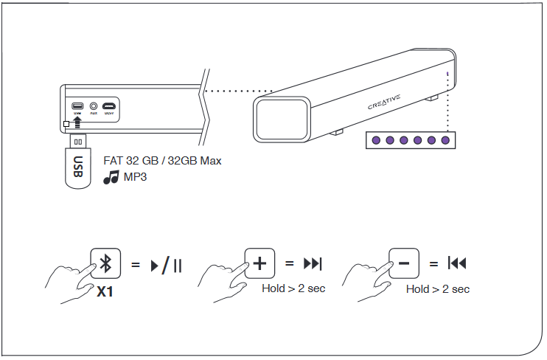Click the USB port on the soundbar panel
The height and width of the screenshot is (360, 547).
coord(77,105)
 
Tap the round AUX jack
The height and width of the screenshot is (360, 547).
coord(94,105)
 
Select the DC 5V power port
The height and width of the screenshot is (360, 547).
coord(109,105)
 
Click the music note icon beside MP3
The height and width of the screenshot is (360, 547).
coord(111,177)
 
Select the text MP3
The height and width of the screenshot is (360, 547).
coord(135,177)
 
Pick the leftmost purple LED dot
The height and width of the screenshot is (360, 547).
coord(375,140)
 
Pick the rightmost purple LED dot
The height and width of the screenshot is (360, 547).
coord(445,140)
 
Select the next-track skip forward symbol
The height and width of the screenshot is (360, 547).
coord(313,263)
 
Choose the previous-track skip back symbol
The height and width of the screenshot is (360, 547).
coord(457,263)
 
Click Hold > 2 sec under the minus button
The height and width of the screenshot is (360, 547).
coord(437,289)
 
